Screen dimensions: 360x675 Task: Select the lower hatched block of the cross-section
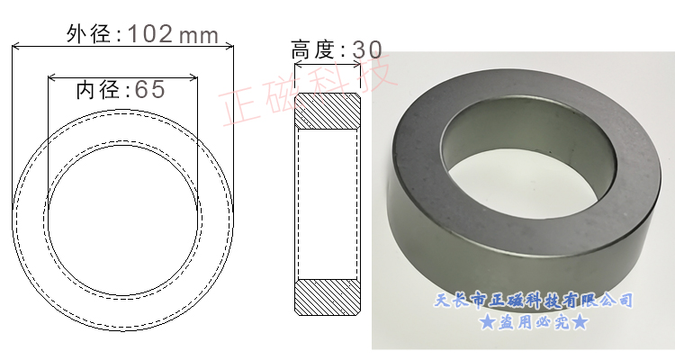pos(328,297)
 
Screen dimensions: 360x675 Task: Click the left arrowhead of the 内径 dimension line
pos(51,76)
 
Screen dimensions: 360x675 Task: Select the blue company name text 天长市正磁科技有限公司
pos(534,300)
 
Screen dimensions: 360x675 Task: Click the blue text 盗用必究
pos(534,322)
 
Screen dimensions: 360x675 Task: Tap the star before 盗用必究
pos(487,322)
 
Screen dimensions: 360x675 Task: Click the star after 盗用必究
pos(580,322)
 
